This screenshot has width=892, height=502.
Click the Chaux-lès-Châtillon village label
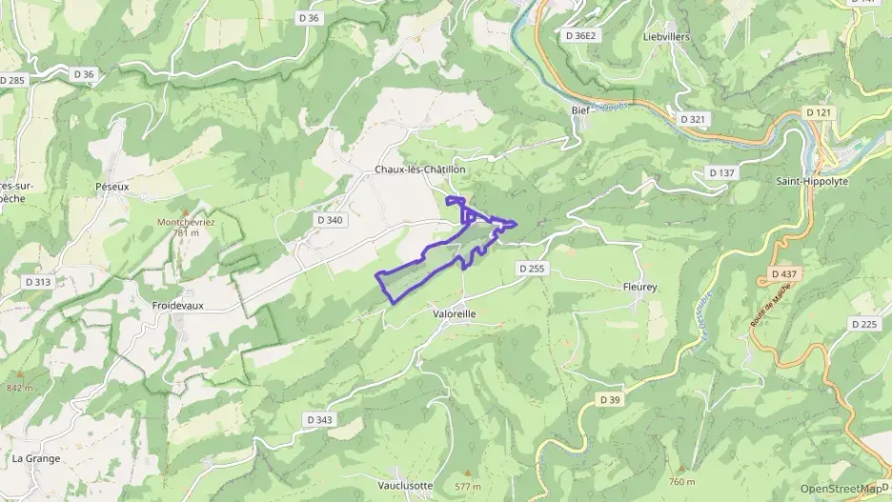[419, 170]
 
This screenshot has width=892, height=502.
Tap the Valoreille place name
[454, 313]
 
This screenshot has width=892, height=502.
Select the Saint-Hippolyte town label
[812, 181]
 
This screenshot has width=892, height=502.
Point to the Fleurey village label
[640, 287]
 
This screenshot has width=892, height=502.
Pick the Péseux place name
[112, 187]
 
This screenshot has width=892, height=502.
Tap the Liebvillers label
[666, 37]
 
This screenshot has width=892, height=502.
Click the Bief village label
[580, 110]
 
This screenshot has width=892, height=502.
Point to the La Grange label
[36, 458]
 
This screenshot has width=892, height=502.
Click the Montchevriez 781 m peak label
[185, 227]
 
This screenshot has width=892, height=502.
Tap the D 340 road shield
[329, 220]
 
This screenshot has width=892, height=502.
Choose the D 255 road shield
[533, 270]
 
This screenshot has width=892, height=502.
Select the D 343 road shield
[321, 420]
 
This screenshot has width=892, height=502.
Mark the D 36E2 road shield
[580, 35]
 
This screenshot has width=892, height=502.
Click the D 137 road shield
[722, 172]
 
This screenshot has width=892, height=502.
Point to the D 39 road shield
[611, 398]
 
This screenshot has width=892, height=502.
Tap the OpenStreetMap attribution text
[841, 490]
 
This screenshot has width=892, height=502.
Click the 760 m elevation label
[682, 481]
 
